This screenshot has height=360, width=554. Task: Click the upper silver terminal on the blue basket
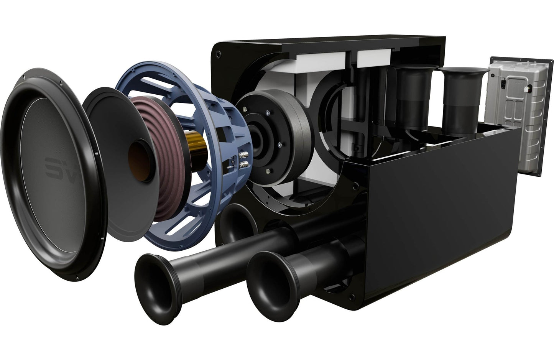[x=243, y=156]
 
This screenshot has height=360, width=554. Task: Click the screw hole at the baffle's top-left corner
[x=219, y=54]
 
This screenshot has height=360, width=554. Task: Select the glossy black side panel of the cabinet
[x=441, y=215]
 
